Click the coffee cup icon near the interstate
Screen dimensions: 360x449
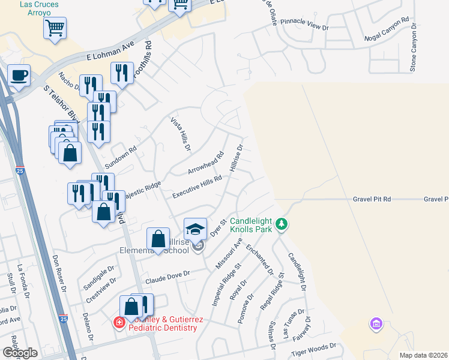click(19, 76)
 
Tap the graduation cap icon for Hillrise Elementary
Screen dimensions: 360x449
click(195, 229)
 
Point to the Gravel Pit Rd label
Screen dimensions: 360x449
click(372, 199)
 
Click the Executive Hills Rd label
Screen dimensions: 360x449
click(197, 187)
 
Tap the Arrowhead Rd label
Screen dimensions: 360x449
click(205, 163)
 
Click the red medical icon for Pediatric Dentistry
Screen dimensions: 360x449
click(119, 323)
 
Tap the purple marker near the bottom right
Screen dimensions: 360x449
click(376, 324)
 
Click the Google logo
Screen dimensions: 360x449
click(20, 353)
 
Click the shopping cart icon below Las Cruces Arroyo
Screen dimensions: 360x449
click(55, 28)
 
